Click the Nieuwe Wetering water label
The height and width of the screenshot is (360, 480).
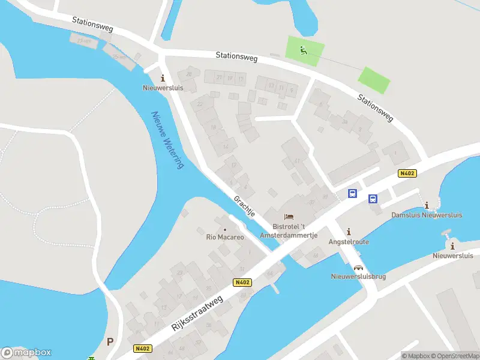point(167,140)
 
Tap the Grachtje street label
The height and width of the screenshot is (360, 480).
point(245,205)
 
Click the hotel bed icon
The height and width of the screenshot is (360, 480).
point(289,216)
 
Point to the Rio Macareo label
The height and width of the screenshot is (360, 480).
point(225,238)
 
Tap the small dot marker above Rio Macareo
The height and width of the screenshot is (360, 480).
point(225,229)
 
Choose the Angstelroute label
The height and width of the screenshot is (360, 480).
point(349,242)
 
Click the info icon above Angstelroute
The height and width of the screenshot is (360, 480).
point(349,232)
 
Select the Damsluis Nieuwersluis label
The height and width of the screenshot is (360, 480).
point(426,215)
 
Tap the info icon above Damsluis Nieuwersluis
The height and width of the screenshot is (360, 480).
point(427,205)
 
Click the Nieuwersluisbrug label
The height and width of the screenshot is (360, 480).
point(358,277)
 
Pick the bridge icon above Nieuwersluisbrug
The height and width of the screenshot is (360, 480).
point(358,268)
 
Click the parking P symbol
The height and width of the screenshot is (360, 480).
point(110,341)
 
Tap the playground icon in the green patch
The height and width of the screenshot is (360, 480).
point(304,50)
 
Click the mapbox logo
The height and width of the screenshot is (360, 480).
point(26,353)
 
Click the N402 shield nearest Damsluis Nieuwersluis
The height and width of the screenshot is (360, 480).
point(407,173)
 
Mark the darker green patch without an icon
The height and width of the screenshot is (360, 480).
point(374,80)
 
